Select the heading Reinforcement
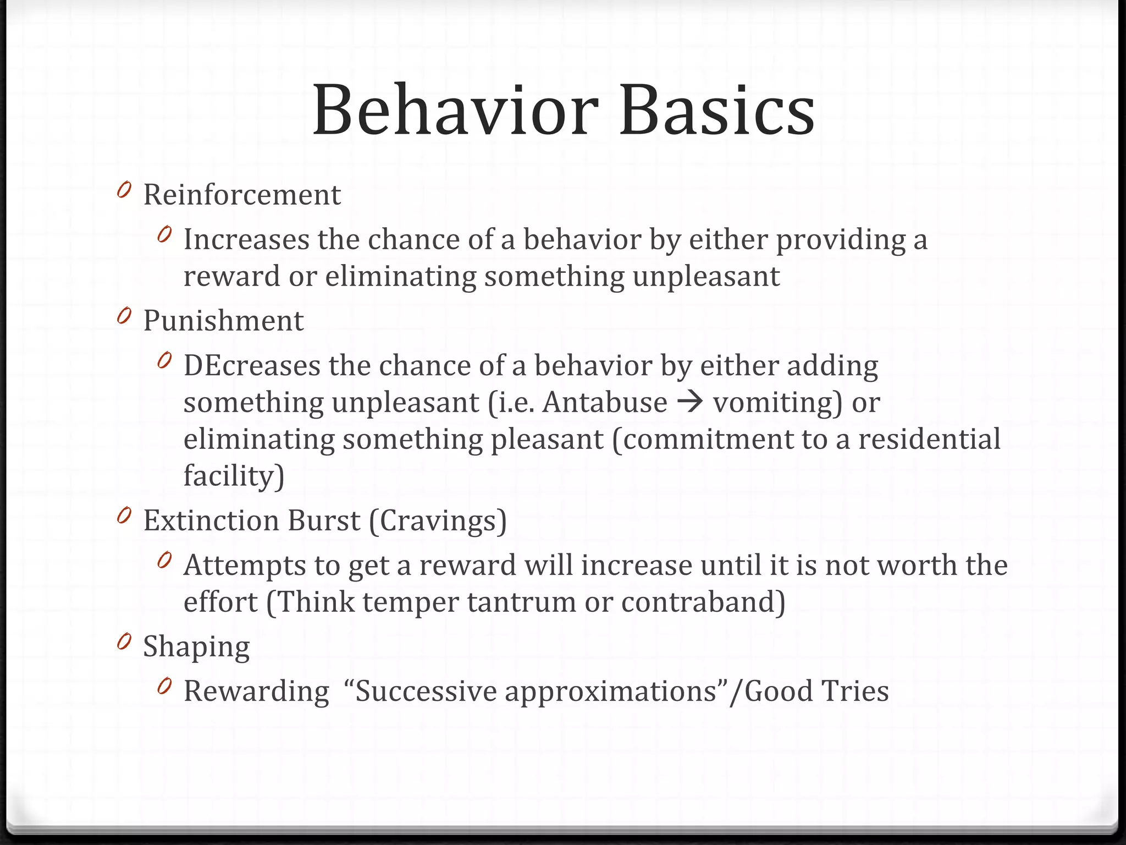pos(242,195)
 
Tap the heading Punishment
pos(223,321)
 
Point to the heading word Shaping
pos(196,647)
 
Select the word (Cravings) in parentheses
pos(438,521)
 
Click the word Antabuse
pos(605,402)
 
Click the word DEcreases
pos(252,366)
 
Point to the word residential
pos(929,439)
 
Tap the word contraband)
pos(703,602)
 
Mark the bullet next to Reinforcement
pos(124,190)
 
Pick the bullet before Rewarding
pos(164,687)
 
